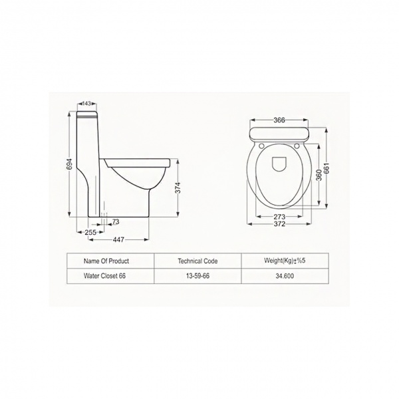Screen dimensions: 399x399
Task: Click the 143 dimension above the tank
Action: tap(86, 104)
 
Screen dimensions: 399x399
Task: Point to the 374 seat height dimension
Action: tap(178, 188)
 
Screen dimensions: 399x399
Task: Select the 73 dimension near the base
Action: tap(116, 222)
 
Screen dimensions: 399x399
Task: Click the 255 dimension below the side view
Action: tap(90, 232)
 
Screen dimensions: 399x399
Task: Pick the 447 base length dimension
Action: tap(118, 239)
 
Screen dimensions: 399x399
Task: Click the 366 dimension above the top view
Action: tap(279, 120)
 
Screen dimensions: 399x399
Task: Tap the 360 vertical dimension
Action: tap(320, 174)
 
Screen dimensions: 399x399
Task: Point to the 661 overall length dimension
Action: tap(327, 168)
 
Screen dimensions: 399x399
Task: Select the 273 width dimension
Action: tap(279, 217)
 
